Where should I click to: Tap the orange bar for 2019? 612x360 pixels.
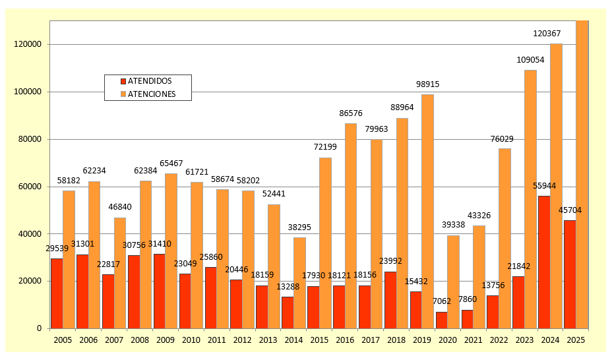coord(427,211)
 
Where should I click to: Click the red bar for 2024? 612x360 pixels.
coord(544,262)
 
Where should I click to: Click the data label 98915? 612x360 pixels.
coord(427,84)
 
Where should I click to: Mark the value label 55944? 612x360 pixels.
coord(545,186)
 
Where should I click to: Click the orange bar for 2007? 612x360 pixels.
coord(120,273)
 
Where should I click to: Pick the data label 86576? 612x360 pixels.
coord(351,113)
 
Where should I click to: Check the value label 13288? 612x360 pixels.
coord(289,287)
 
